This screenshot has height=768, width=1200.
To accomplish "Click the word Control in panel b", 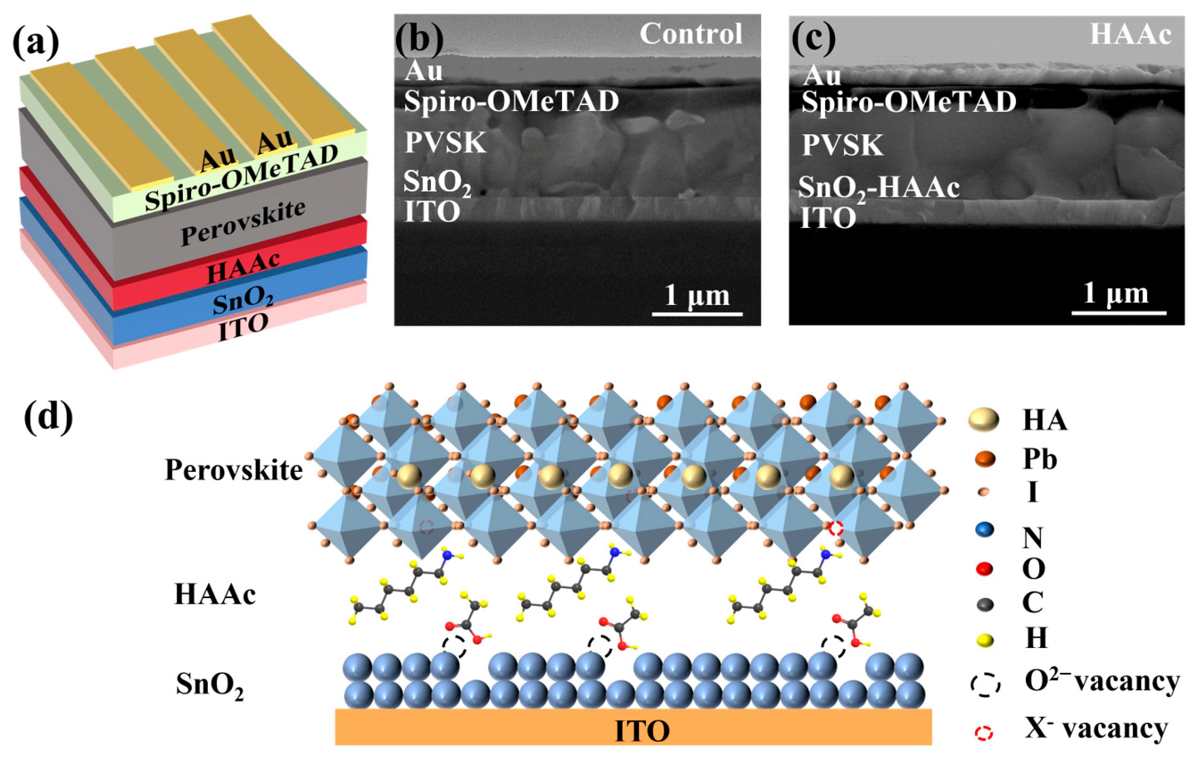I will [691, 34].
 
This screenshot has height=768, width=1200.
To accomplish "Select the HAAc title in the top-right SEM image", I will [1130, 34].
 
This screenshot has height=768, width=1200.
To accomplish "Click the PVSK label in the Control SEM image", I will [445, 143].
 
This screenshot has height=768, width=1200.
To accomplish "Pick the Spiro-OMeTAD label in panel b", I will [511, 102].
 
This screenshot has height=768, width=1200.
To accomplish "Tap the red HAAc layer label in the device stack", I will [243, 267].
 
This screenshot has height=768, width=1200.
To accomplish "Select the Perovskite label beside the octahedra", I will [233, 470].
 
